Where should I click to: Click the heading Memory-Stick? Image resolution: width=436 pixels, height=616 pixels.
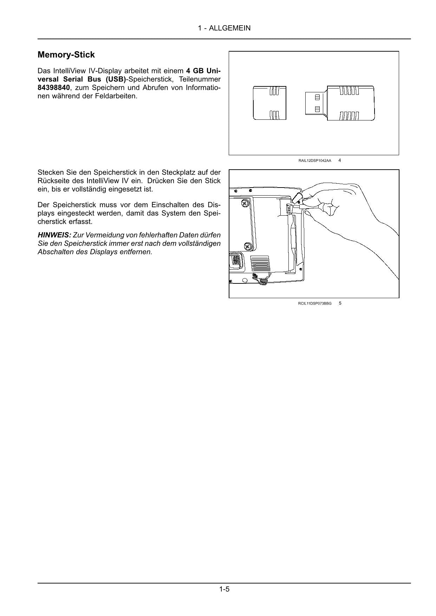(66, 55)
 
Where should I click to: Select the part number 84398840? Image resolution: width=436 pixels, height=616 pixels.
(54, 87)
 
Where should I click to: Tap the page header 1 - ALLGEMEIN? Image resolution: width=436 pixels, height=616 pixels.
(224, 28)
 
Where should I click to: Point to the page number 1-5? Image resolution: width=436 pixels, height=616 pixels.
(224, 589)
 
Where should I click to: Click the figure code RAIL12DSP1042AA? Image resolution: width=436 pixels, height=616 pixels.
(315, 160)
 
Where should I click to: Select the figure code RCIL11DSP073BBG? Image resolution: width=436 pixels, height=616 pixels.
(315, 303)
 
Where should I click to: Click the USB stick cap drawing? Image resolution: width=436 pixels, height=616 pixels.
(269, 103)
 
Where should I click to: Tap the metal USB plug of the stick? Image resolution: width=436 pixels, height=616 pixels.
(315, 103)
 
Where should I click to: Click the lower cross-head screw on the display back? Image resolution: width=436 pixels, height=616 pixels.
(248, 247)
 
